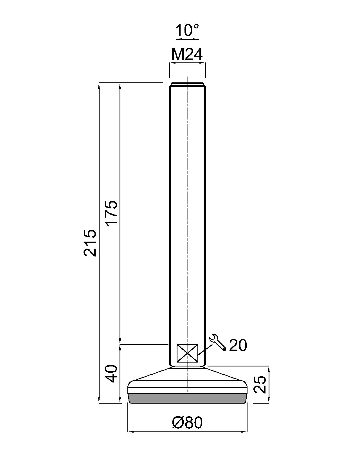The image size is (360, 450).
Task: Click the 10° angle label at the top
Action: point(187,30)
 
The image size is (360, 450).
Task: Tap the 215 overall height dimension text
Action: point(90,243)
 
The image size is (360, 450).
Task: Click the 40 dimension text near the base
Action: point(112,373)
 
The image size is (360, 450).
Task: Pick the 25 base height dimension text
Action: point(259,384)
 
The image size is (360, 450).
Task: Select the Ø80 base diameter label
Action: point(187,422)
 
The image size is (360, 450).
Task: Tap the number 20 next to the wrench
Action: point(238,345)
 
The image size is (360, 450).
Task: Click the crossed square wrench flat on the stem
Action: point(187,353)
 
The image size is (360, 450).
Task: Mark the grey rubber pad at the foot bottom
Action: point(187,398)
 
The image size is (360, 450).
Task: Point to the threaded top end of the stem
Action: point(187,84)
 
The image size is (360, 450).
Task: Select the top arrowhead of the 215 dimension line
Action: point(99,85)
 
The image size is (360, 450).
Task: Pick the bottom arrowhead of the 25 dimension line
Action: point(269,400)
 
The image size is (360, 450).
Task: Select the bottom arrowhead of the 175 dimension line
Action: point(120,341)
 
